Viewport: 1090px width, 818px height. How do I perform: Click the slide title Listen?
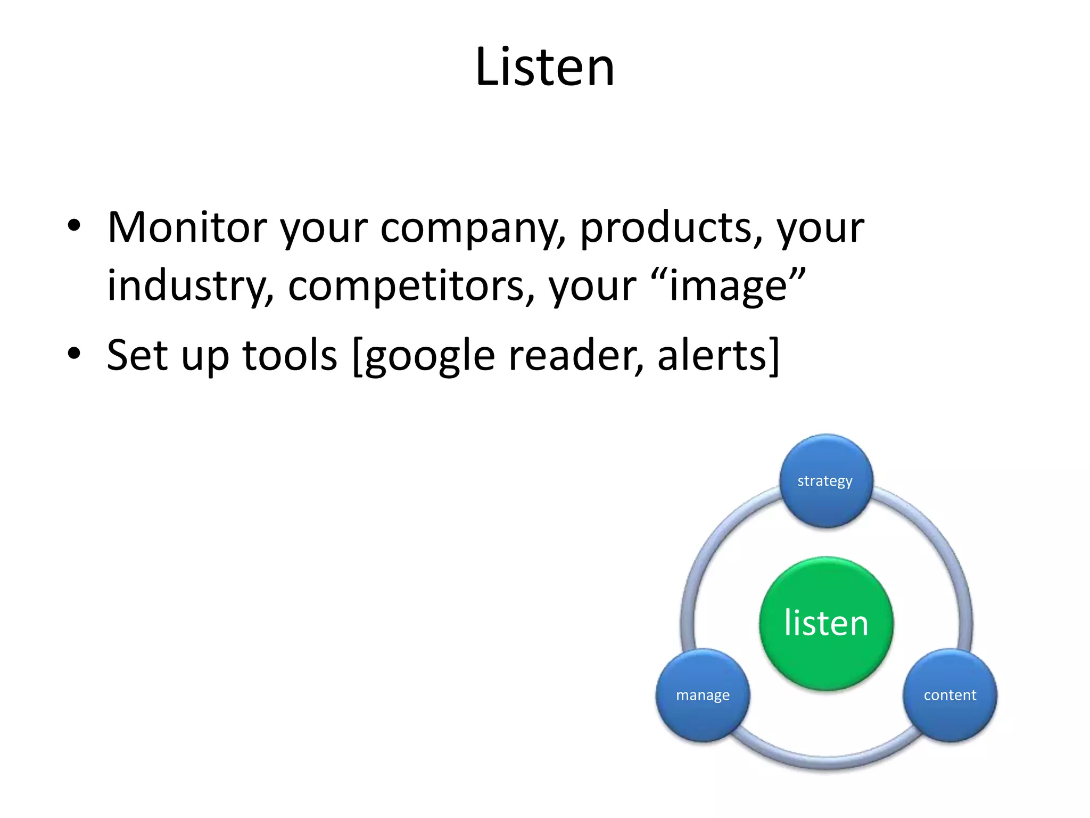tap(544, 67)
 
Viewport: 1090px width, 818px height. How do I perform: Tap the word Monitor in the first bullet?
tap(187, 227)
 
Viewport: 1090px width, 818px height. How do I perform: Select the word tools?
tap(290, 355)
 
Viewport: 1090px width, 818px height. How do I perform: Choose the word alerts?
tap(713, 355)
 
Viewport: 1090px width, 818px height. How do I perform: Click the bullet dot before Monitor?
tap(74, 226)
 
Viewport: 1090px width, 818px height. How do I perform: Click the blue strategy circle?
tap(826, 481)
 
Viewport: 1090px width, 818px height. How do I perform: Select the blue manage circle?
tap(703, 695)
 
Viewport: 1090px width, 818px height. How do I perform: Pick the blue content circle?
tap(950, 695)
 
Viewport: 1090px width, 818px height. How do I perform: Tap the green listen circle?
tap(826, 623)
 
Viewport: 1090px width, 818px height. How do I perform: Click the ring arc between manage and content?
tap(826, 763)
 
